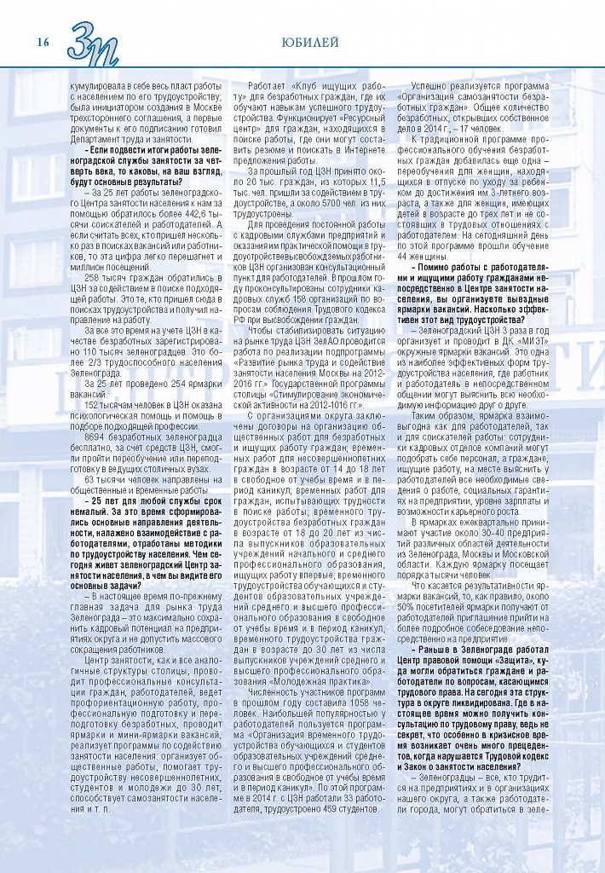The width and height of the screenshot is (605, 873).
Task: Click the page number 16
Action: [x=43, y=41]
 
